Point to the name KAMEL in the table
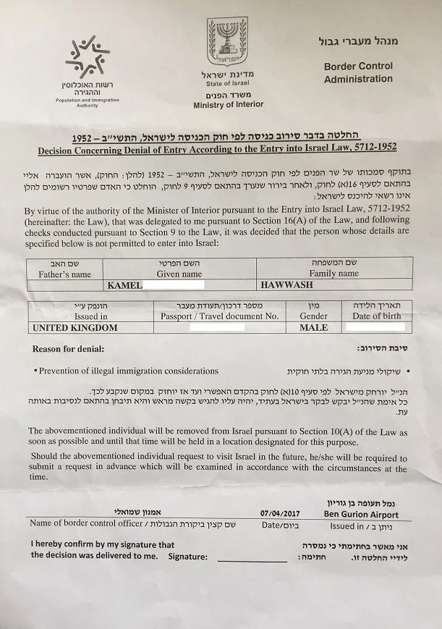click(x=124, y=287)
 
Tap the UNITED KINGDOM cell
click(x=75, y=328)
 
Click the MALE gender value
click(x=313, y=328)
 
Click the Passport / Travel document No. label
click(x=221, y=316)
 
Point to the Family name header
click(x=333, y=275)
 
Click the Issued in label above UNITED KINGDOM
click(x=90, y=316)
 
